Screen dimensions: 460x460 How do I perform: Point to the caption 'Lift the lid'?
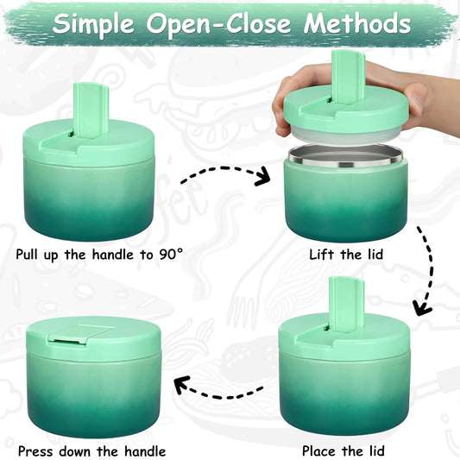pos(345,255)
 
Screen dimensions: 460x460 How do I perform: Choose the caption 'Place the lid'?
pos(344,450)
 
